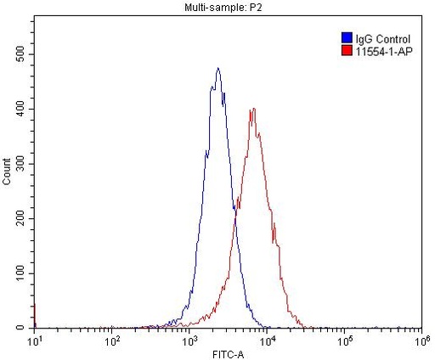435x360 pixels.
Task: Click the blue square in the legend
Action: (346, 38)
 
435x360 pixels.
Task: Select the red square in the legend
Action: (346, 50)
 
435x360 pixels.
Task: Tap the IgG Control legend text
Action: (382, 39)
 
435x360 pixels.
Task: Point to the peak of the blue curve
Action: (218, 69)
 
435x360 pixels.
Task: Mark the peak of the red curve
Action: (253, 109)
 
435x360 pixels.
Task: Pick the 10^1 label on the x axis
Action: (34, 340)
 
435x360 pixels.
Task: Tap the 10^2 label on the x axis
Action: (111, 340)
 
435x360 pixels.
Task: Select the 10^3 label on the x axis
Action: (189, 340)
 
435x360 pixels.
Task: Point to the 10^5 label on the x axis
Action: (343, 340)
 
